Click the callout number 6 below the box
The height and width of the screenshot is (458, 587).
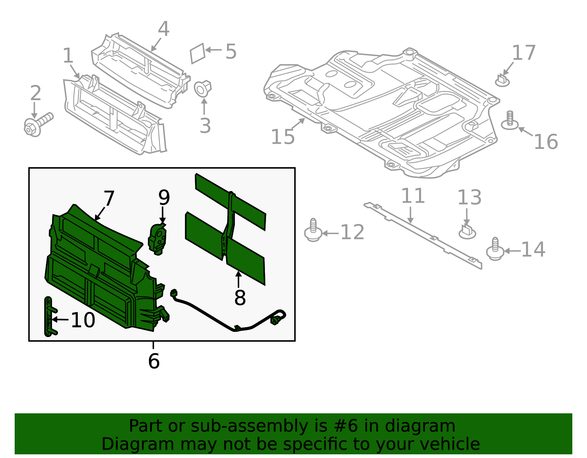click(154, 361)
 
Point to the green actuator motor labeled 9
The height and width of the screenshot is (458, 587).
click(158, 238)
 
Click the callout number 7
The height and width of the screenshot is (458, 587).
click(109, 198)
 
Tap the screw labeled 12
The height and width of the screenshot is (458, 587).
click(313, 231)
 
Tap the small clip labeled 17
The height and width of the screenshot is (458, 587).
click(502, 80)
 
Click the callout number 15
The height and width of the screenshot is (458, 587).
click(282, 137)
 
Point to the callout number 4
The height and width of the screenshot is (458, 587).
click(163, 29)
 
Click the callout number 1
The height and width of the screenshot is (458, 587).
click(68, 56)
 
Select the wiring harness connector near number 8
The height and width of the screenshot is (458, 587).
click(174, 293)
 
